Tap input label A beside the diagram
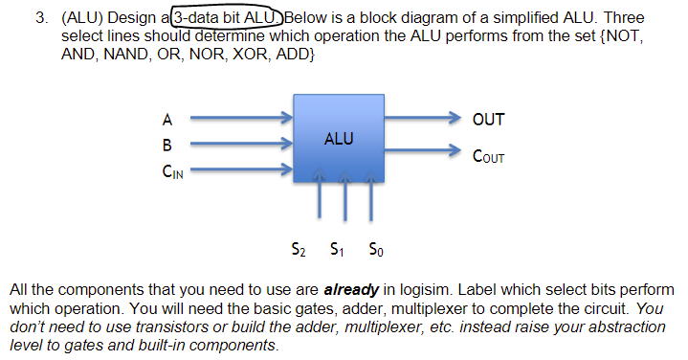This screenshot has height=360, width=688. click(x=167, y=120)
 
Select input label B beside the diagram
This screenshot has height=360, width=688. click(x=167, y=146)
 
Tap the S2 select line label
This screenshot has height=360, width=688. click(x=299, y=252)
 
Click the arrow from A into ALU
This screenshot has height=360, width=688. click(x=239, y=120)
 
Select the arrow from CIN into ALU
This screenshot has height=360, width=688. click(x=239, y=173)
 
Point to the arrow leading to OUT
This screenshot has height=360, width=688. click(x=421, y=120)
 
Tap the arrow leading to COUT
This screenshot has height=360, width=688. click(x=421, y=151)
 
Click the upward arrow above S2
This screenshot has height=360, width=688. click(x=320, y=201)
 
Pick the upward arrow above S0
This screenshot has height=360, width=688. click(x=366, y=201)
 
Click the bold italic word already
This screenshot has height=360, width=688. click(x=352, y=288)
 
